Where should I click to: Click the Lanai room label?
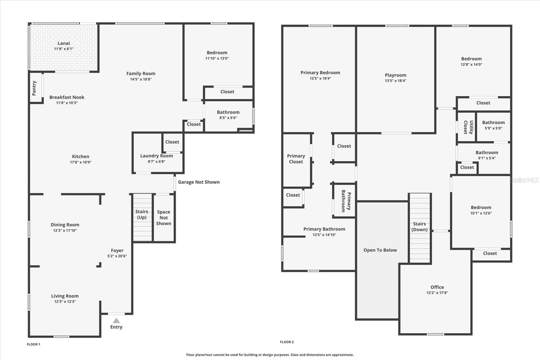pyautogui.click(x=64, y=43)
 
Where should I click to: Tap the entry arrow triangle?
pyautogui.click(x=116, y=320)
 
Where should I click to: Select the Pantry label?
pyautogui.click(x=34, y=88)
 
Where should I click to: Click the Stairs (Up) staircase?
pyautogui.click(x=143, y=217)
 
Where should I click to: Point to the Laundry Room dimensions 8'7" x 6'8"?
pyautogui.click(x=157, y=161)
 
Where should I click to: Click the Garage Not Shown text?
pyautogui.click(x=199, y=182)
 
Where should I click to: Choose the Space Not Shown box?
pyautogui.click(x=164, y=218)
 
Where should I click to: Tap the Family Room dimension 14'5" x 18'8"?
pyautogui.click(x=141, y=79)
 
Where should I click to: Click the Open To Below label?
pyautogui.click(x=380, y=250)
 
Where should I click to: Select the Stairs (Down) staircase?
pyautogui.click(x=420, y=228)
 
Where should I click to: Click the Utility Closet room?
pyautogui.click(x=466, y=127)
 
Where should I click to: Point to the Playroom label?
pyautogui.click(x=395, y=75)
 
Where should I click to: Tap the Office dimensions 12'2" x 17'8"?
pyautogui.click(x=437, y=293)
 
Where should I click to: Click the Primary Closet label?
pyautogui.click(x=296, y=159)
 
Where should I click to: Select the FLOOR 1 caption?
pyautogui.click(x=33, y=344)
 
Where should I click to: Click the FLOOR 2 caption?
pyautogui.click(x=287, y=342)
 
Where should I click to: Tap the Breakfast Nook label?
pyautogui.click(x=67, y=97)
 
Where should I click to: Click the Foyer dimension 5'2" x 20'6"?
pyautogui.click(x=117, y=256)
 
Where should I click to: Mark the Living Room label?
pyautogui.click(x=65, y=296)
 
